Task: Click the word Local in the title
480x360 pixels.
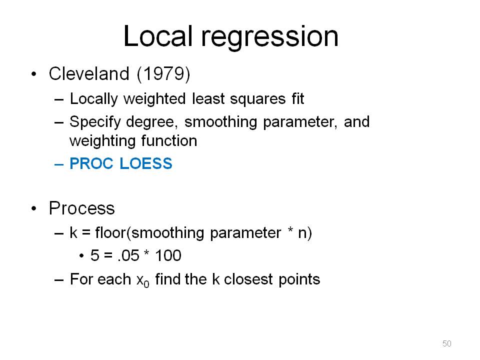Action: [158, 36]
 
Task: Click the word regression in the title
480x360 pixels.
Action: [269, 38]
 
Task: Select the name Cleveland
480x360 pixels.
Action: [89, 74]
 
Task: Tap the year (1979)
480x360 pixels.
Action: [164, 74]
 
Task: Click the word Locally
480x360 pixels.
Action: [93, 99]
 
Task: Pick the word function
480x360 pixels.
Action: [169, 141]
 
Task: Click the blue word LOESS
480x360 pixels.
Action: [146, 163]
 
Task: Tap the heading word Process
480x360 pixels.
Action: [81, 208]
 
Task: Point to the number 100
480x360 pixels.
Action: [168, 255]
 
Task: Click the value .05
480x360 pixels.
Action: [128, 255]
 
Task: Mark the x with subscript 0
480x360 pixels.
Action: [142, 280]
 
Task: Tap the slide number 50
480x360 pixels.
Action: [447, 343]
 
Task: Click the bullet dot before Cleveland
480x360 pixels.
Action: [33, 74]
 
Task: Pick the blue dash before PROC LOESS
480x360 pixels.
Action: [59, 164]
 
